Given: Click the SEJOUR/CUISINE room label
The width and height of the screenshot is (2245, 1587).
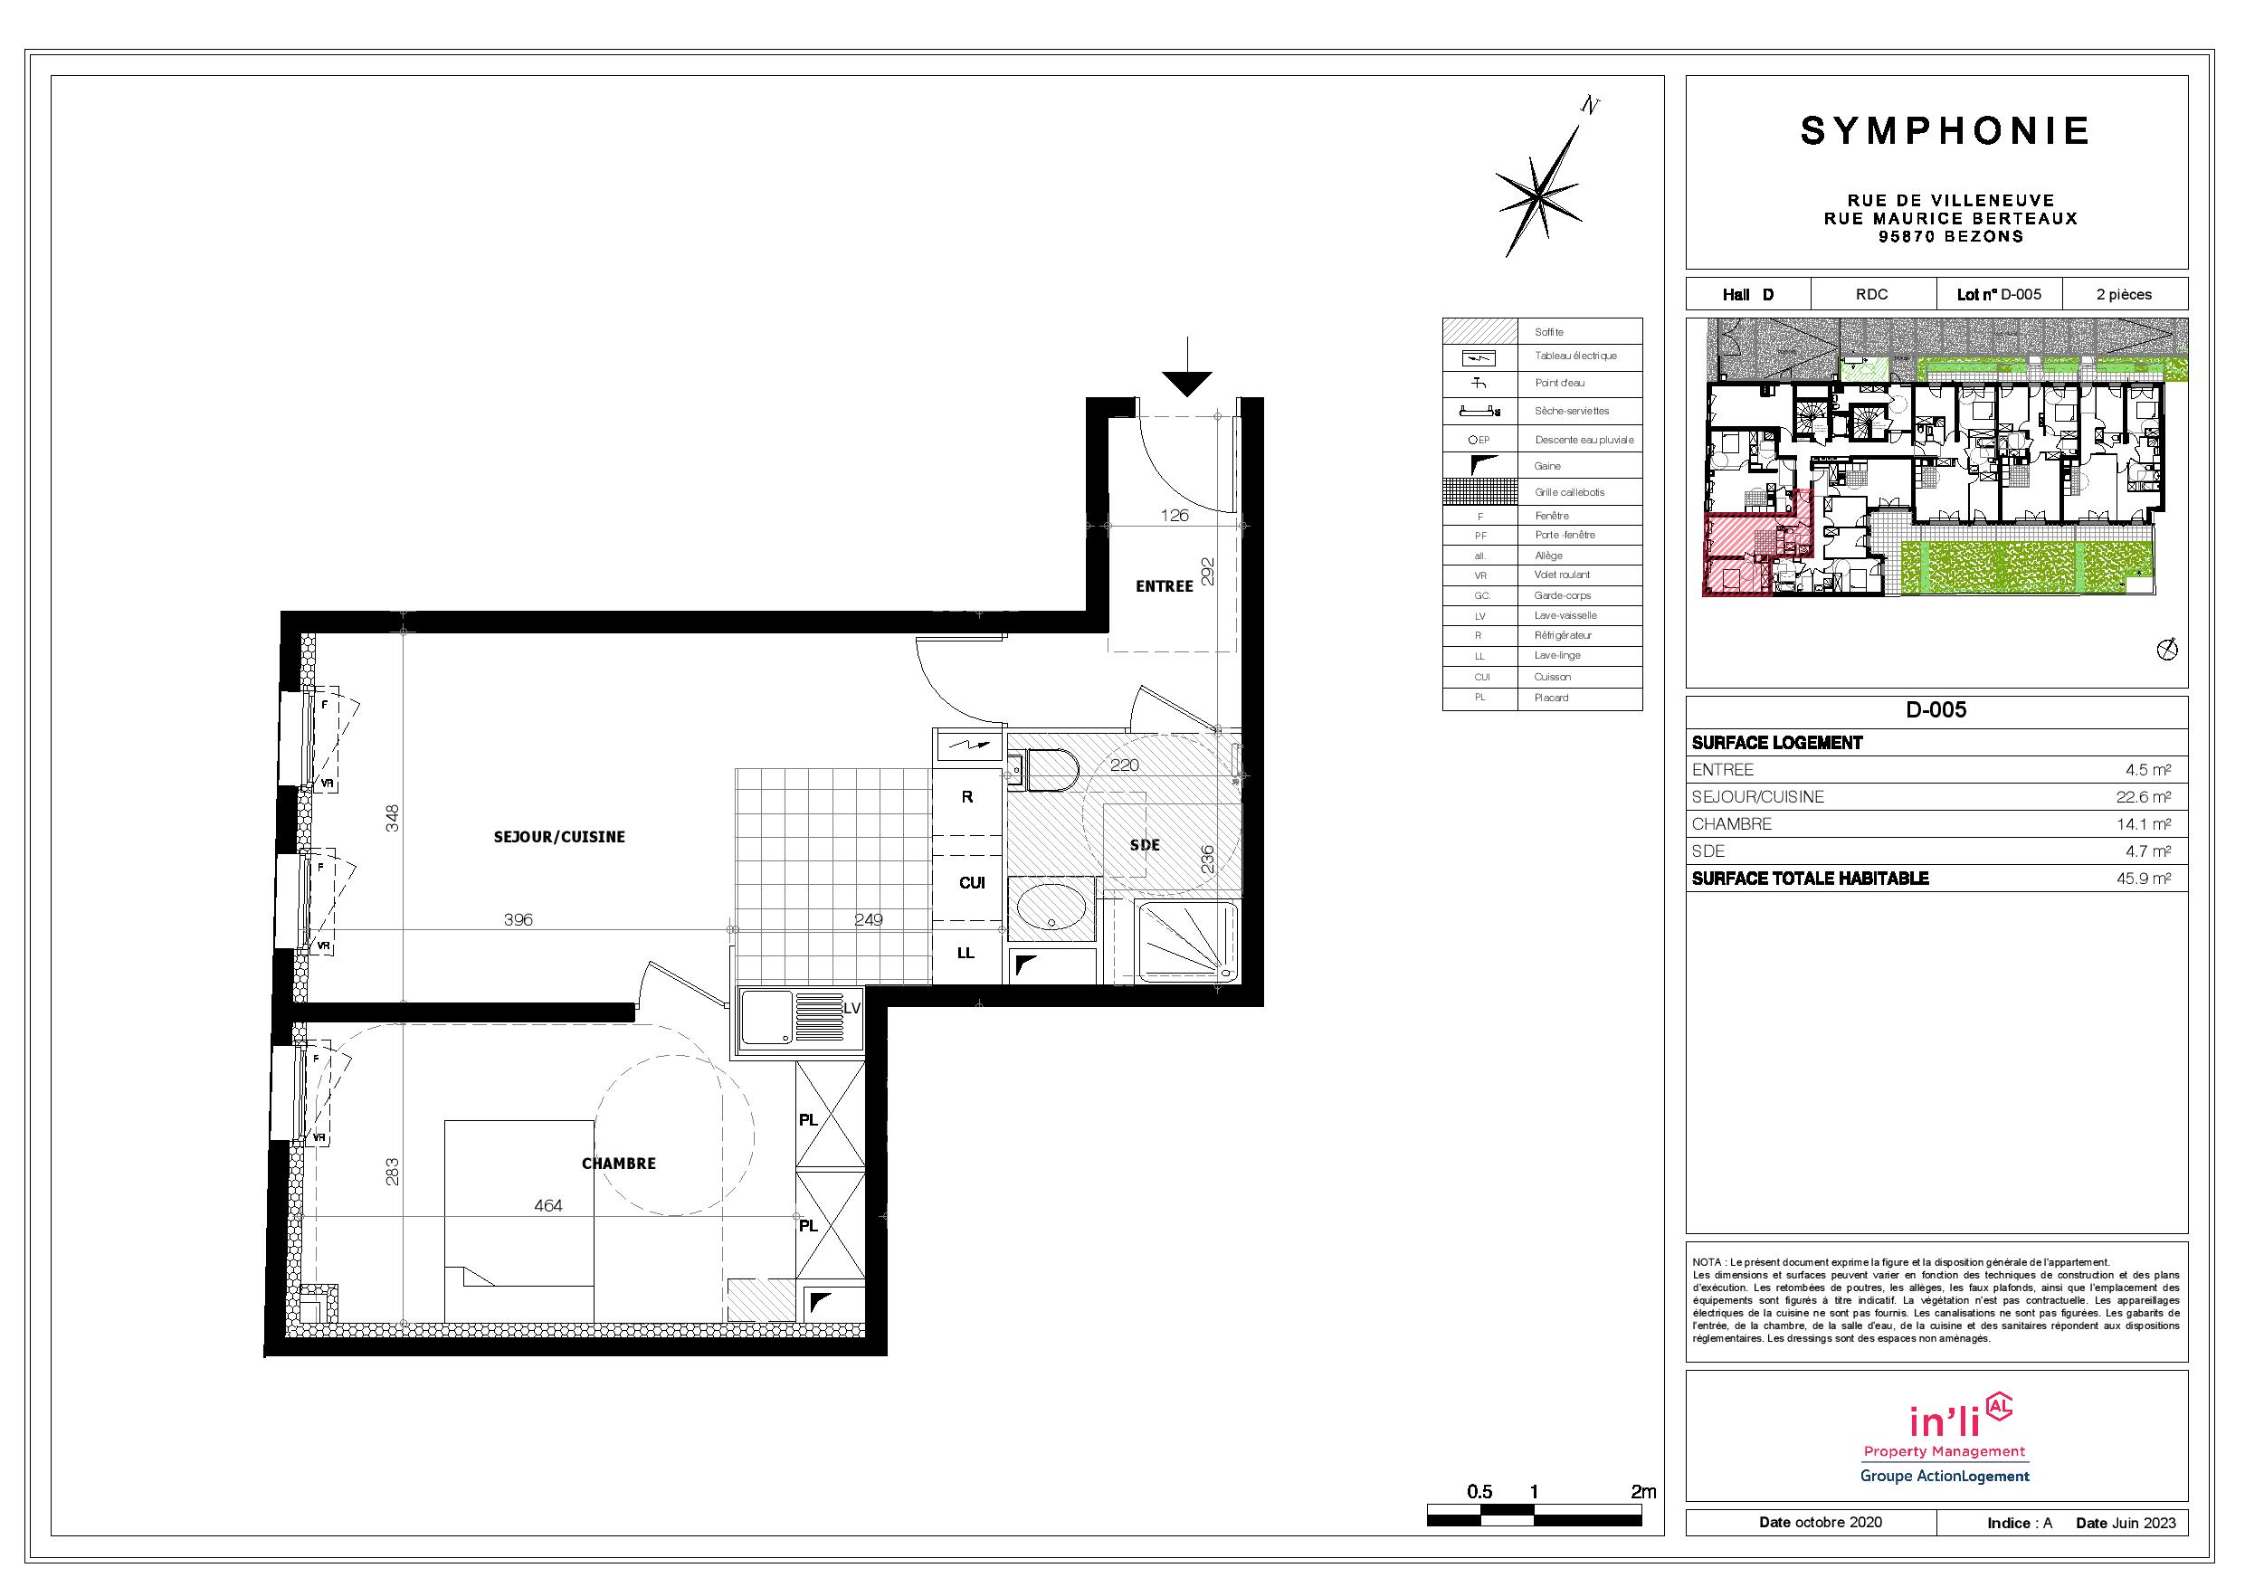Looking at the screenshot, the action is click(x=559, y=837).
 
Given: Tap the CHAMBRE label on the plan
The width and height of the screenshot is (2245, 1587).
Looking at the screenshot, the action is click(x=619, y=1164).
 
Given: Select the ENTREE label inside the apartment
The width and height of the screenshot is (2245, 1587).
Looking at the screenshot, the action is click(x=1165, y=586).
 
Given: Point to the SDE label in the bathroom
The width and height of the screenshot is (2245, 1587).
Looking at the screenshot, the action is click(x=1145, y=845).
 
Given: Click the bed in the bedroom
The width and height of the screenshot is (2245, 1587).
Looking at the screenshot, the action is click(x=519, y=1221).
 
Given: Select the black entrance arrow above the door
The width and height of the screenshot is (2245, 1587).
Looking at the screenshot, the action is click(x=1187, y=367).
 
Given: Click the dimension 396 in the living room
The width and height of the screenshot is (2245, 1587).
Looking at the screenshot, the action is click(x=518, y=920).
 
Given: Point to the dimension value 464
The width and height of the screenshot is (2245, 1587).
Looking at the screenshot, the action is click(x=548, y=1207).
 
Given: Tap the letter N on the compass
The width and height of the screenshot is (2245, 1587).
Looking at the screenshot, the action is click(x=1591, y=106).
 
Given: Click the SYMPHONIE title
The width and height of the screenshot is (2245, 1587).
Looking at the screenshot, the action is click(x=1945, y=131).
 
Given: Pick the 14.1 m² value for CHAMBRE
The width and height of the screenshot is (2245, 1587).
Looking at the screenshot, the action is click(x=2144, y=824).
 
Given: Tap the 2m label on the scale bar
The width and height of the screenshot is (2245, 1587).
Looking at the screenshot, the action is click(x=1643, y=1492).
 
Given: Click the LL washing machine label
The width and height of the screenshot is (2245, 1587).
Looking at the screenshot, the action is click(x=966, y=954).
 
